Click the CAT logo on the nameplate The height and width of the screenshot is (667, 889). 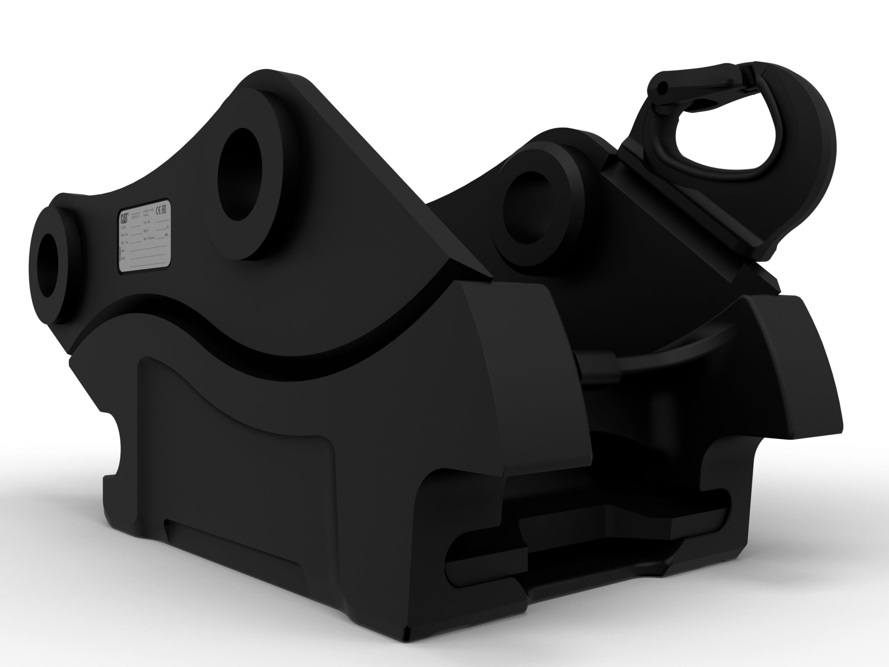click(x=124, y=219)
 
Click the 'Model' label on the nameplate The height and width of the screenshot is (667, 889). click(x=123, y=258)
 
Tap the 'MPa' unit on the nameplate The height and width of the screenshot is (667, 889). click(x=167, y=235)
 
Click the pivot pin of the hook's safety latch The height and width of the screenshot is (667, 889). click(x=663, y=86)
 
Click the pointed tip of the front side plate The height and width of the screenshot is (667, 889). click(x=488, y=277)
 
